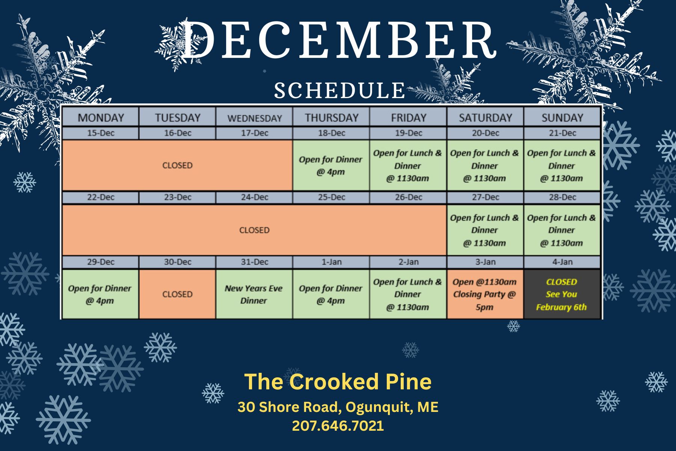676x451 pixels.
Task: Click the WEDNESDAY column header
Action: coord(254,117)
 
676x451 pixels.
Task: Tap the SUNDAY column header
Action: coord(562,117)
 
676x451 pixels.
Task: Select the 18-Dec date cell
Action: coord(331,133)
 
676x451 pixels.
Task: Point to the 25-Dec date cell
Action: coord(331,197)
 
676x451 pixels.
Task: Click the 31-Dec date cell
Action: coord(254,262)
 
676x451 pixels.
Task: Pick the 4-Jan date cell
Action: coord(562,262)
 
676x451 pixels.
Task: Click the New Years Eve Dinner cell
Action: coord(254,294)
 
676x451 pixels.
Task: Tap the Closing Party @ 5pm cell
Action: coord(485,294)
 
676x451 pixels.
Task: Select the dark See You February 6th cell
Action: coord(562,294)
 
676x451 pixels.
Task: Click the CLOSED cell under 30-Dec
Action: coord(177,294)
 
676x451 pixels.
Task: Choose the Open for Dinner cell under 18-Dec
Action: coord(331,165)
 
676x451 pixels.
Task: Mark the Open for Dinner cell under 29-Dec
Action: coord(100,294)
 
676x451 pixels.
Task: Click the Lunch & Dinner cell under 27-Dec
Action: coord(485,230)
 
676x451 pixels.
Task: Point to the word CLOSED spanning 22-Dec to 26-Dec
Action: coord(254,230)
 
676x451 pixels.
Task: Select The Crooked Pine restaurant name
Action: coord(338,382)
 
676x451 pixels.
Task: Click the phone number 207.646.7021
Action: coord(338,426)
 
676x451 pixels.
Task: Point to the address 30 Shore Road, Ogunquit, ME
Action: coord(338,407)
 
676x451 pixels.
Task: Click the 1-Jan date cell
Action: coord(331,262)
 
